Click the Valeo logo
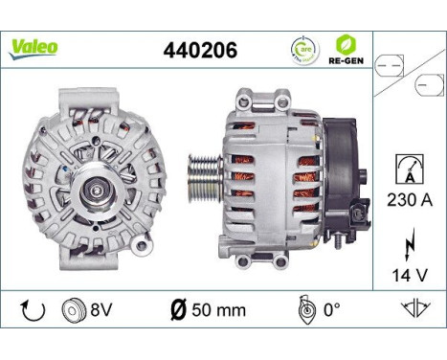click(34, 45)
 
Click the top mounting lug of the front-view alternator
click(89, 99)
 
